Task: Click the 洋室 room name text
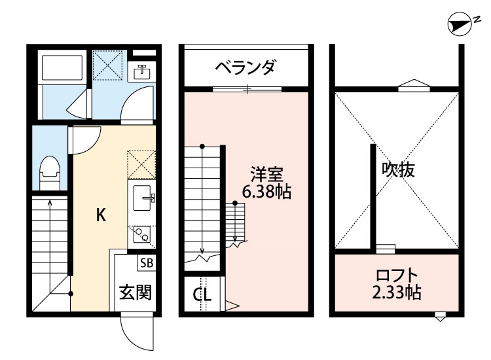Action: pyautogui.click(x=266, y=175)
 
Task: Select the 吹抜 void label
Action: pyautogui.click(x=399, y=170)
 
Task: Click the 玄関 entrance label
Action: pyautogui.click(x=136, y=291)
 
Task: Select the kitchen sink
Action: pyautogui.click(x=142, y=196)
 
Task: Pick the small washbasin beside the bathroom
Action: pyautogui.click(x=141, y=72)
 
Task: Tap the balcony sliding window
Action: pyautogui.click(x=247, y=88)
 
